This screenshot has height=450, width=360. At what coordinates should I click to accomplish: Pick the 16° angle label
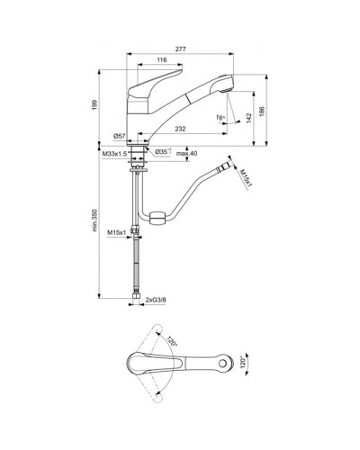pos(219,115)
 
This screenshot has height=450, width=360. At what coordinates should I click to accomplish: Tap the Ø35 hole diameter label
pos(164,151)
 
